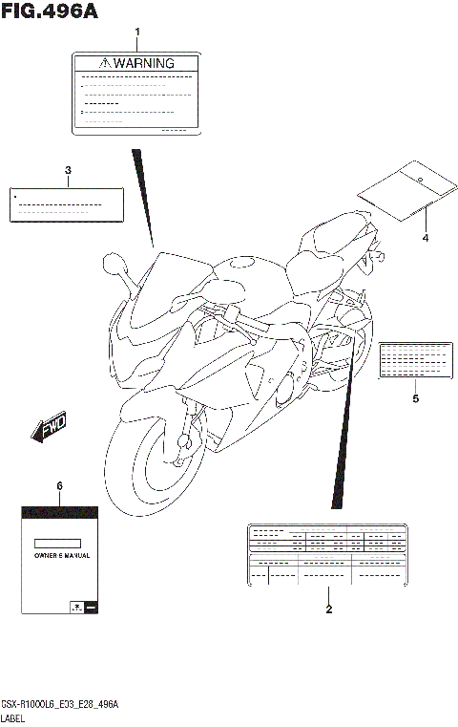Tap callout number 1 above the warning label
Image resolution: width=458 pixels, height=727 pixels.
click(x=136, y=32)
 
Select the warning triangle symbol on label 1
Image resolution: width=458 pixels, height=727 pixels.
click(x=105, y=63)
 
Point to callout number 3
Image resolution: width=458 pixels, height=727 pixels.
click(x=68, y=171)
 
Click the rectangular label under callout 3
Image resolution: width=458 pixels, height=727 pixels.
click(x=67, y=204)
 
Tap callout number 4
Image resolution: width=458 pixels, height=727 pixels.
click(x=425, y=237)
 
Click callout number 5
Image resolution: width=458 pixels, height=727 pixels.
click(x=415, y=398)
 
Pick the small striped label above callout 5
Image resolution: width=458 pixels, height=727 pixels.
click(x=415, y=360)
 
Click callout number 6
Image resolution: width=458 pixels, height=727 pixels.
click(x=59, y=486)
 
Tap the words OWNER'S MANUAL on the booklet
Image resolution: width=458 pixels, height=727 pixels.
click(x=59, y=554)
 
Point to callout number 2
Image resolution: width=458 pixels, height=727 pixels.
click(x=328, y=609)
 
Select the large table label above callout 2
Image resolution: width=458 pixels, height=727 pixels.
click(x=327, y=553)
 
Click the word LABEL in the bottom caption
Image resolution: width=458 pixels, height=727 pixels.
click(x=14, y=716)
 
